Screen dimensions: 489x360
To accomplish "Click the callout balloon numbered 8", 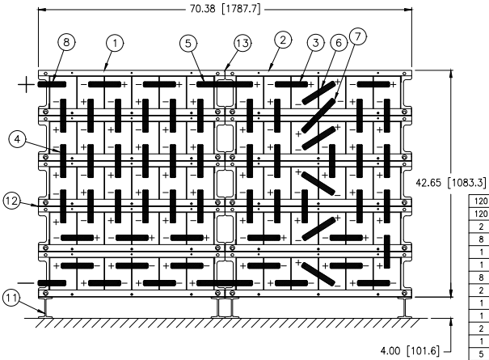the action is coord(66,41).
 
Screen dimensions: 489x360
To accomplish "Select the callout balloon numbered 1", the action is coord(115,43).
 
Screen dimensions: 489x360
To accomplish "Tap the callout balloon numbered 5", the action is coord(188,43).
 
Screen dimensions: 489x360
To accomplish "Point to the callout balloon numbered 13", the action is coord(242,43).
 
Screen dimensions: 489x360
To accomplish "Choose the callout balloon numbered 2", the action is coord(283,40).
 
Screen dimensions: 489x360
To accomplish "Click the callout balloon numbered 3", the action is coord(315,42).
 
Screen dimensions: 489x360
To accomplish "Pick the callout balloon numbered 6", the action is coord(339,42).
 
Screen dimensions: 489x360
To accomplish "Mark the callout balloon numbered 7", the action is coord(358,36).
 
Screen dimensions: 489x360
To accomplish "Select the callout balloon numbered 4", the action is coord(18,139).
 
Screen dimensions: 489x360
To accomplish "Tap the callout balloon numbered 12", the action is coord(12,201).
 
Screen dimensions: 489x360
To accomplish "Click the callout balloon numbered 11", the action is coord(11,298).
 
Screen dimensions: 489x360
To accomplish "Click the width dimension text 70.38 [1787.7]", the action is coord(226,9).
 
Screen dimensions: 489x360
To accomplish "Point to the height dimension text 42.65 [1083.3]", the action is coord(451,183).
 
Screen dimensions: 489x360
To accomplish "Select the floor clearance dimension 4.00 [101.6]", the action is coord(410,350).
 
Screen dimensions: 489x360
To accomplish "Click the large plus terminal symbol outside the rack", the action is coord(26,85).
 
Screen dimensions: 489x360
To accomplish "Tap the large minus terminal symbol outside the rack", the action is coord(26,283).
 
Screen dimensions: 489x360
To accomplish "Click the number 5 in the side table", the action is coord(481,354).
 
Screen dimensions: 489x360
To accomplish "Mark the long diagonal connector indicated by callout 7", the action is coord(318,116).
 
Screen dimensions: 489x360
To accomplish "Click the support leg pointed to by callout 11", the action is coord(45,308).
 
